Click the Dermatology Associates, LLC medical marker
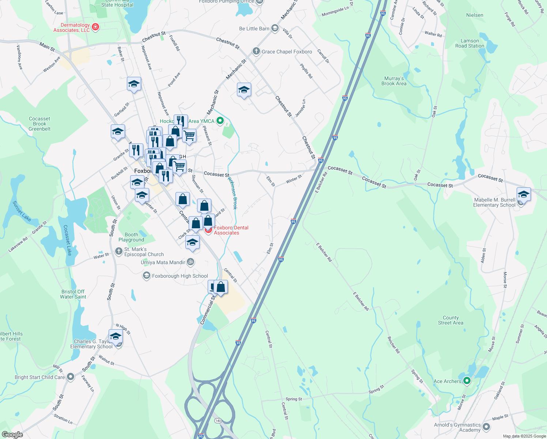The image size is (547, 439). (x=95, y=27)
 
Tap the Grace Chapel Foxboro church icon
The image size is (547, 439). (x=256, y=51)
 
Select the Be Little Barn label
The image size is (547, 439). (x=254, y=29)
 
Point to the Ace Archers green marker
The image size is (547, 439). (x=467, y=381)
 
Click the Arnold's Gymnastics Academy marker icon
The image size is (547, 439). (x=486, y=427)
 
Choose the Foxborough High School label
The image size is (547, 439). (x=180, y=276)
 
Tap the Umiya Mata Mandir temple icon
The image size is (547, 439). (x=190, y=262)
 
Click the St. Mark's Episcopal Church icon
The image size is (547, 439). (x=118, y=251)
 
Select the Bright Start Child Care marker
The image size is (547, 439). (x=71, y=376)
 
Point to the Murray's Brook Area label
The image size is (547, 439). (x=394, y=81)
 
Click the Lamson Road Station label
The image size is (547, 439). (x=469, y=43)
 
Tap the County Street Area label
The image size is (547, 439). (x=450, y=320)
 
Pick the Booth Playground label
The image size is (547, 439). (x=131, y=237)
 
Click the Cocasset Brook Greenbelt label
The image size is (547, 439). (x=39, y=124)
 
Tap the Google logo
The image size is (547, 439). (x=12, y=434)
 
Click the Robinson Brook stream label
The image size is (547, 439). (x=233, y=193)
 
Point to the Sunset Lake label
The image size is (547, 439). (x=22, y=211)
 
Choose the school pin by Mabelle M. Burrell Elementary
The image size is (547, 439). (x=524, y=194)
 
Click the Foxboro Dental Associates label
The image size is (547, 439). (x=231, y=230)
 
